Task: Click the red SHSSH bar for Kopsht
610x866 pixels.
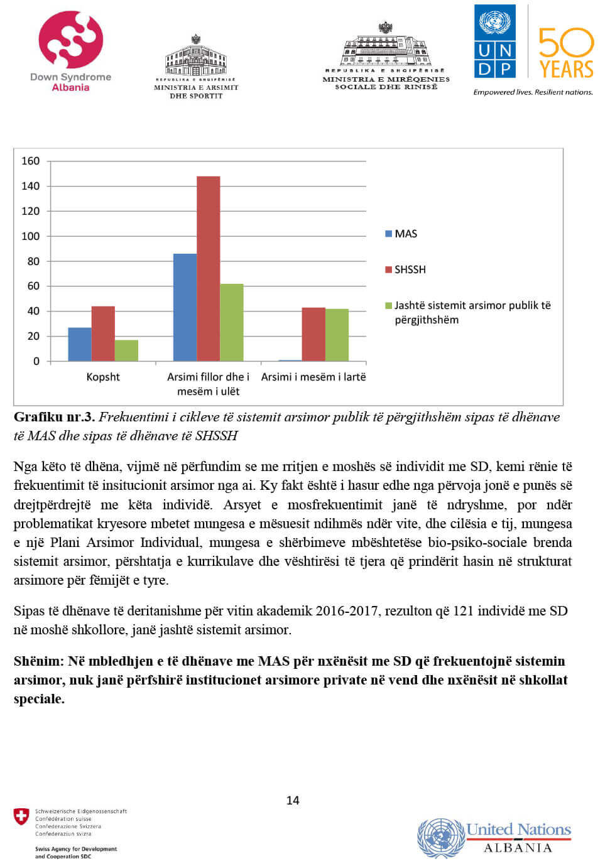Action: click(103, 333)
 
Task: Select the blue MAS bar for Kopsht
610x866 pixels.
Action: click(80, 344)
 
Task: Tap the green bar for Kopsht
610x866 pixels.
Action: click(126, 350)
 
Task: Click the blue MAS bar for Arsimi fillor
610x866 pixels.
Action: click(185, 307)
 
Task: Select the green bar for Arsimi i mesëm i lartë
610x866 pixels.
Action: click(337, 335)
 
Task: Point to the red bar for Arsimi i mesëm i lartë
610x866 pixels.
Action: click(313, 334)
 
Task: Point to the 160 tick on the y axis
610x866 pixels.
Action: click(30, 161)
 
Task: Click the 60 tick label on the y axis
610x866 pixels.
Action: click(33, 286)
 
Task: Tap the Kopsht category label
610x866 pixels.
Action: click(103, 377)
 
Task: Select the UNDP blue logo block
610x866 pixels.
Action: click(495, 41)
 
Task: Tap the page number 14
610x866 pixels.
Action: click(293, 800)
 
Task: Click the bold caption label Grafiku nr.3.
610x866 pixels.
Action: click(54, 417)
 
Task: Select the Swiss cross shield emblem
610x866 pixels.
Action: click(21, 816)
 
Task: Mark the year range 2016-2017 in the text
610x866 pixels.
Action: click(347, 610)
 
